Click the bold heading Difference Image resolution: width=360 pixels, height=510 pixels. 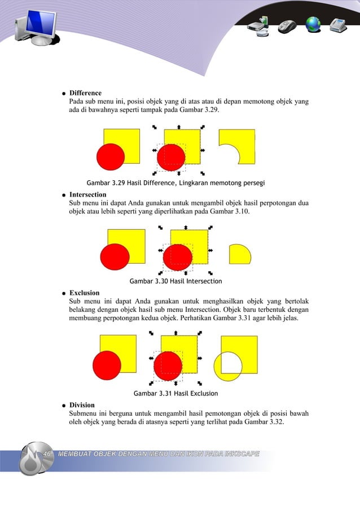tap(85, 93)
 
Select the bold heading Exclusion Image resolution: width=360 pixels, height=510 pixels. tap(84, 293)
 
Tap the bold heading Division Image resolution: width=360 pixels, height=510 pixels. tap(82, 405)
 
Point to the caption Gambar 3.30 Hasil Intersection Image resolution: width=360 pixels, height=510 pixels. tap(175, 281)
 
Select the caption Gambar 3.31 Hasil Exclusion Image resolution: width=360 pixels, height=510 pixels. tap(175, 393)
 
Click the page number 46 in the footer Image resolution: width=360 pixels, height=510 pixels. tap(47, 454)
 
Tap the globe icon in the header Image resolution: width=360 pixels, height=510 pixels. tap(313, 24)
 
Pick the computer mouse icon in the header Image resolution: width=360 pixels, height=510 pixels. tap(288, 26)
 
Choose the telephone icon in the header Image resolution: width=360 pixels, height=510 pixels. tap(338, 25)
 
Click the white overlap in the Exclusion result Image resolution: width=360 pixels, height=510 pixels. tap(231, 361)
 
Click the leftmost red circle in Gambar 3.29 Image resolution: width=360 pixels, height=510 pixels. tap(111, 156)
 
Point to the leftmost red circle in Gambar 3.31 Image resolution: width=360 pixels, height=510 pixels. tap(107, 364)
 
